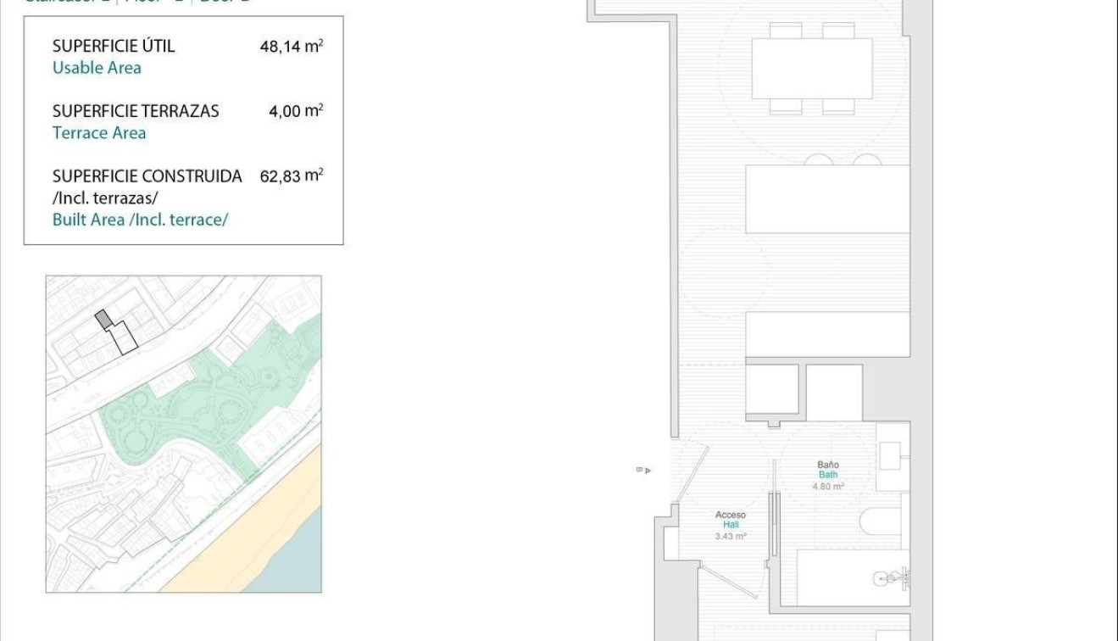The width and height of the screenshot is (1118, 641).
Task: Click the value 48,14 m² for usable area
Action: pyautogui.click(x=291, y=46)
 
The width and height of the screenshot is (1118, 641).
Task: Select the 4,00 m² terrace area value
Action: pyautogui.click(x=296, y=110)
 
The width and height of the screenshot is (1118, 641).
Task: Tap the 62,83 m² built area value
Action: pyautogui.click(x=291, y=176)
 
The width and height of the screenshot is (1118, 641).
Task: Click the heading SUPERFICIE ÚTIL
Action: pyautogui.click(x=114, y=46)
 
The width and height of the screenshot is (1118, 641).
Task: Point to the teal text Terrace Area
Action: pyautogui.click(x=99, y=132)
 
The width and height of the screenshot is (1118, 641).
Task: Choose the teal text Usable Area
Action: pyautogui.click(x=97, y=68)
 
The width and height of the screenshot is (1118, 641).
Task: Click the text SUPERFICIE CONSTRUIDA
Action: pyautogui.click(x=147, y=176)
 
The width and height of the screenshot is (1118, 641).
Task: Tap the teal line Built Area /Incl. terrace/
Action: pyautogui.click(x=140, y=220)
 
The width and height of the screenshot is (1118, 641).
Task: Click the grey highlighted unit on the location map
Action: pyautogui.click(x=103, y=319)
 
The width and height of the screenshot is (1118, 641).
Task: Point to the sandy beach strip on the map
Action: pyautogui.click(x=254, y=526)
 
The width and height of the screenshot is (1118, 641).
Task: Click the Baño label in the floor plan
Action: pyautogui.click(x=828, y=465)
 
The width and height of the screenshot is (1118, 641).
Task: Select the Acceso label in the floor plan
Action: pyautogui.click(x=730, y=515)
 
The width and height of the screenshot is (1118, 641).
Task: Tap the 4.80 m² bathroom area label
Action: pyautogui.click(x=828, y=487)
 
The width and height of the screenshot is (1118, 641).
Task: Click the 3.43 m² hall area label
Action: pyautogui.click(x=730, y=536)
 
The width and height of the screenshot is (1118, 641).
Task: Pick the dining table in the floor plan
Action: pyautogui.click(x=812, y=69)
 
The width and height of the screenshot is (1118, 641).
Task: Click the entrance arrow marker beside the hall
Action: pyautogui.click(x=645, y=470)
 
